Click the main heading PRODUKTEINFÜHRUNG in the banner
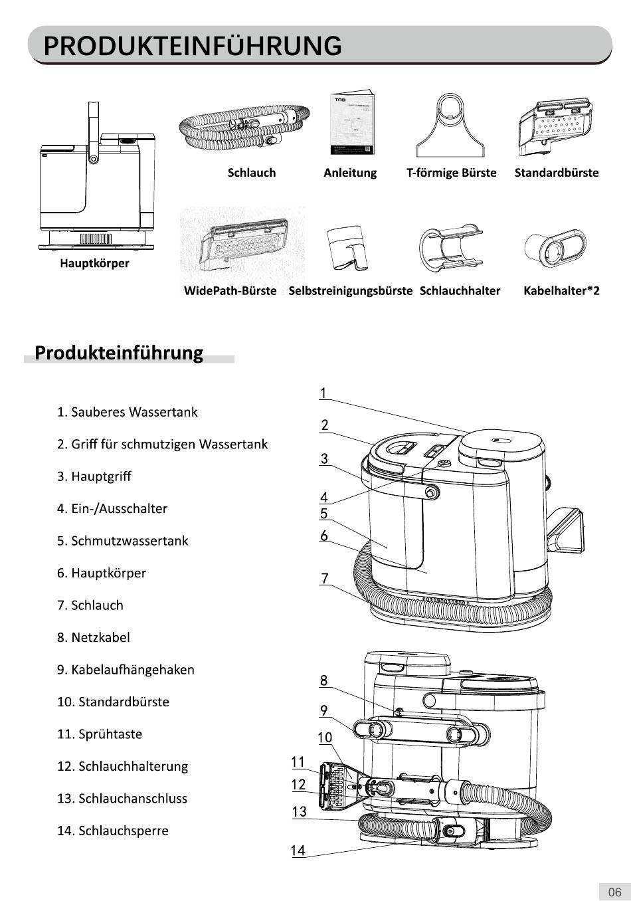[x=192, y=45]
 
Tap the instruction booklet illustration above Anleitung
[x=352, y=122]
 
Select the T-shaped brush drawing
[x=450, y=125]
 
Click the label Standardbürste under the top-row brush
[x=557, y=173]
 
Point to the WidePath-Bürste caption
[x=230, y=291]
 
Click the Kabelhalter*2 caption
[x=561, y=291]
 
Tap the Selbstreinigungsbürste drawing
[x=347, y=248]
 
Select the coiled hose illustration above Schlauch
[x=244, y=127]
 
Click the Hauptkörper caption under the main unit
[x=94, y=264]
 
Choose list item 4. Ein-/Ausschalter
[x=112, y=509]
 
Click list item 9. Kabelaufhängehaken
[x=126, y=670]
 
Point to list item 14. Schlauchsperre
[x=113, y=831]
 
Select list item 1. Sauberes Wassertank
[x=127, y=412]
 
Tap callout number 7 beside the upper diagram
[x=325, y=579]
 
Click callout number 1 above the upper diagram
[x=323, y=393]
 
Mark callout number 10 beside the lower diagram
[x=325, y=738]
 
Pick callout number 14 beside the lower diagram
[x=298, y=851]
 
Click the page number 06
[x=614, y=892]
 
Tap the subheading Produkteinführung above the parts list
[x=119, y=353]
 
